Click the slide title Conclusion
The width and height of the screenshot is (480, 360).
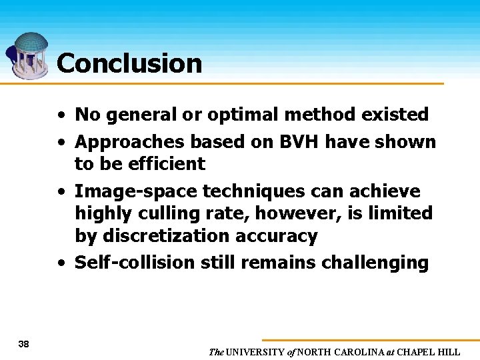click(x=129, y=63)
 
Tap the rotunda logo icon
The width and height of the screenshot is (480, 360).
click(x=28, y=55)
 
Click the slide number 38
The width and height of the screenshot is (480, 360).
click(x=23, y=344)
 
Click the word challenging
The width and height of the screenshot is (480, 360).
click(x=375, y=263)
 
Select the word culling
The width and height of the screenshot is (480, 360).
click(x=167, y=213)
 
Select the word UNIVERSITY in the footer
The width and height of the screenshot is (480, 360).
click(x=257, y=352)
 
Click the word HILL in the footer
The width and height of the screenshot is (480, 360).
click(x=449, y=352)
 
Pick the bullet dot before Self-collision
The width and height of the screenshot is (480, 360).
click(x=61, y=263)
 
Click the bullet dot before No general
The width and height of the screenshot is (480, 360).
click(x=61, y=115)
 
